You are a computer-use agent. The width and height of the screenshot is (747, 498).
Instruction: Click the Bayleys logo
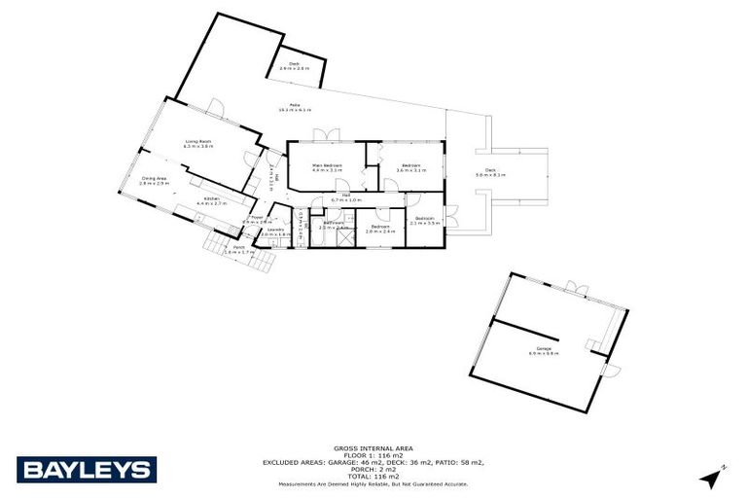86,470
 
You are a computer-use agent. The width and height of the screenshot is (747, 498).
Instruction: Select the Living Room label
199,143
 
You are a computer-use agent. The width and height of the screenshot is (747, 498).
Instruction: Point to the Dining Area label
155,180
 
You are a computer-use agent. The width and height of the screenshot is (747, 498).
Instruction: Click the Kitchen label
212,200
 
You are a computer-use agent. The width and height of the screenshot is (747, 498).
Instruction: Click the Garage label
543,350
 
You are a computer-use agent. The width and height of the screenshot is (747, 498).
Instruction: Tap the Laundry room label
275,231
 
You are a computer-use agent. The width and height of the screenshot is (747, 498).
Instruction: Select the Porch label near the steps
238,249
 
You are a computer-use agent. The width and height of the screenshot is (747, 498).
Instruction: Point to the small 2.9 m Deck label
294,66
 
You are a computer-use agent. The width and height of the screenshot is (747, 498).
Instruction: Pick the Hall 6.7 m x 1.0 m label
345,197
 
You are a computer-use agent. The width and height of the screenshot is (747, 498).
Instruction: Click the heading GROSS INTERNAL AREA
373,448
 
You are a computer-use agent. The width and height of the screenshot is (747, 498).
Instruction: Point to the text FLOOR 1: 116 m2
373,455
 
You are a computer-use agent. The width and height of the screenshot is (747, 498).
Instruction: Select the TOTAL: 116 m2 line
373,476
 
